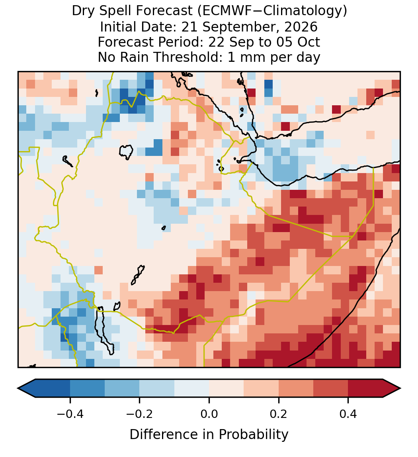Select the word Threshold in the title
191,57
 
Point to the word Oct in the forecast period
309,42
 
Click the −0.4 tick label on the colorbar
70,414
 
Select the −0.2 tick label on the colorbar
139,414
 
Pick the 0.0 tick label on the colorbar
209,414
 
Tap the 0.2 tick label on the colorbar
279,414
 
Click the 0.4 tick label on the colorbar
348,414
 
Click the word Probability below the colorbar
253,435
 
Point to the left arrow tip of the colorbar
18,388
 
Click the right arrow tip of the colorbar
400,388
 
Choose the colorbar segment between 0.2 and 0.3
296,388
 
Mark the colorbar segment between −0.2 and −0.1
157,388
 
